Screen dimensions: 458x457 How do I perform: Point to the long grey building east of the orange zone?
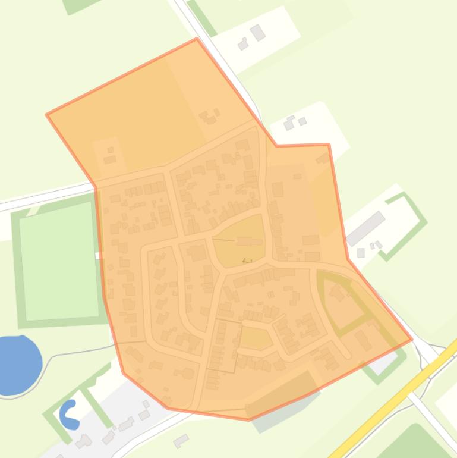coord(365,228)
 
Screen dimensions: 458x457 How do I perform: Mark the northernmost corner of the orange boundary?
coord(197,39)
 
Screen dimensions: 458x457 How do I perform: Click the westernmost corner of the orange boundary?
coord(47,114)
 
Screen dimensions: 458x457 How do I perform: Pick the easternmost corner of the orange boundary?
coord(411,340)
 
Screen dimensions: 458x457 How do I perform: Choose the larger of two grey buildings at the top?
coord(257,33)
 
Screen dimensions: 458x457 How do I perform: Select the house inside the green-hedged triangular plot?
coord(338,293)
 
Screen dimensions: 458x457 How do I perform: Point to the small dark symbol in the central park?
coord(247,261)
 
